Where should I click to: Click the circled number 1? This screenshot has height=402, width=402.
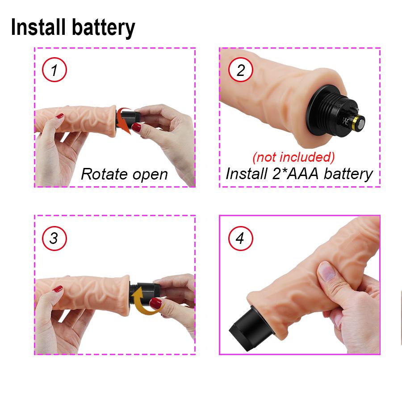point(54,71)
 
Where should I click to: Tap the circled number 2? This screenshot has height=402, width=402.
point(241,71)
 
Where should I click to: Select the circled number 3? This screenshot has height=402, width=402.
point(54,238)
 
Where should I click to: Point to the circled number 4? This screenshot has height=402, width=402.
point(240,238)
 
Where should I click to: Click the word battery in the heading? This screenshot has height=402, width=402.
point(104,28)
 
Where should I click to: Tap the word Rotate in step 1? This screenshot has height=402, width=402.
point(104,174)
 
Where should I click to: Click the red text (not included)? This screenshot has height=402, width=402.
point(293,157)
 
